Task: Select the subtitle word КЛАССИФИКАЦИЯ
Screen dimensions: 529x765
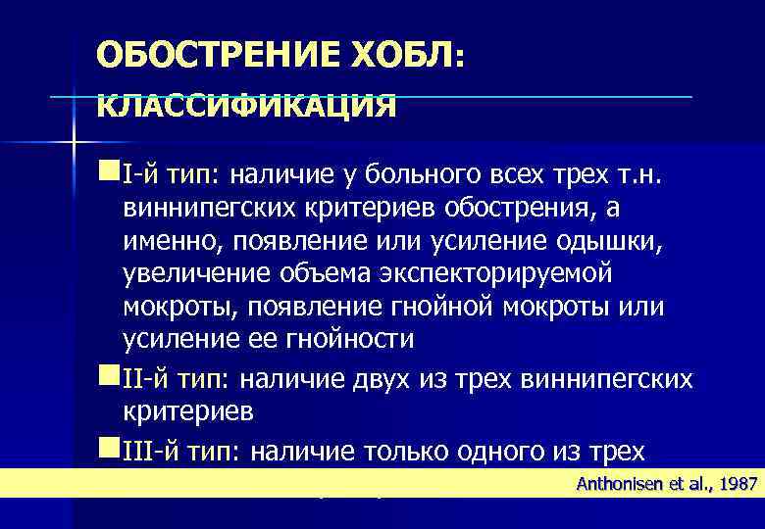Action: click(246, 105)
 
